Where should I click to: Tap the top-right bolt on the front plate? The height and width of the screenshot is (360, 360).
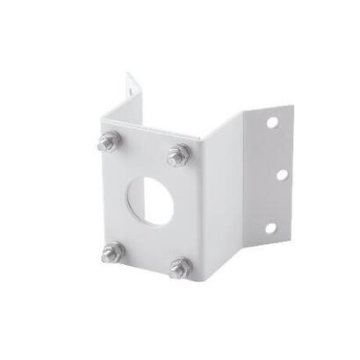tap(179, 155)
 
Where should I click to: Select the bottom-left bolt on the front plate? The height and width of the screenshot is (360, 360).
tap(111, 252)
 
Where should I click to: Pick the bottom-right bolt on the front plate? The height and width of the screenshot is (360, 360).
tap(180, 266)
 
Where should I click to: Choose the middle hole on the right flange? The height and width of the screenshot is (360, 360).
tap(281, 175)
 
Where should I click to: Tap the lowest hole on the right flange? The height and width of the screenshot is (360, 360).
tap(270, 227)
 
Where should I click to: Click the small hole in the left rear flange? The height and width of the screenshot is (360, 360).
tap(133, 88)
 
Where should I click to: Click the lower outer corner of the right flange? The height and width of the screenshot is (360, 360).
tap(285, 240)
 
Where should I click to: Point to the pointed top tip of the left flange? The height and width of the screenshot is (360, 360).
tap(127, 74)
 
